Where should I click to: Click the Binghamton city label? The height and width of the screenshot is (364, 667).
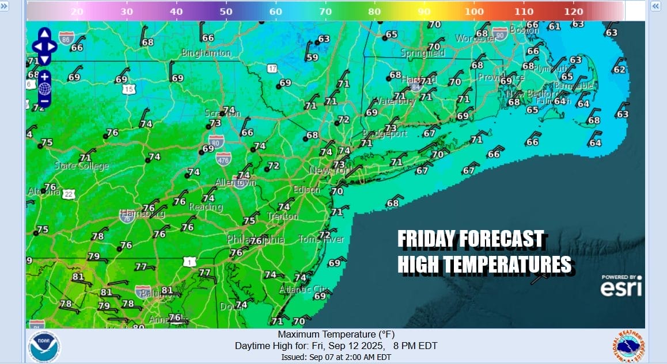point(206,53)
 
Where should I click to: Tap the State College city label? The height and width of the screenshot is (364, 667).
point(81,166)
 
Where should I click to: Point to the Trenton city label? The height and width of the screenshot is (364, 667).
point(283,217)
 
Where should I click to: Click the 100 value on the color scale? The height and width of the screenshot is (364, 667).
point(475,12)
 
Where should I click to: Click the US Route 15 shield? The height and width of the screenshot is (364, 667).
point(128,89)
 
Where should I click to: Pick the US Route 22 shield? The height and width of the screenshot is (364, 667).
point(69,194)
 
